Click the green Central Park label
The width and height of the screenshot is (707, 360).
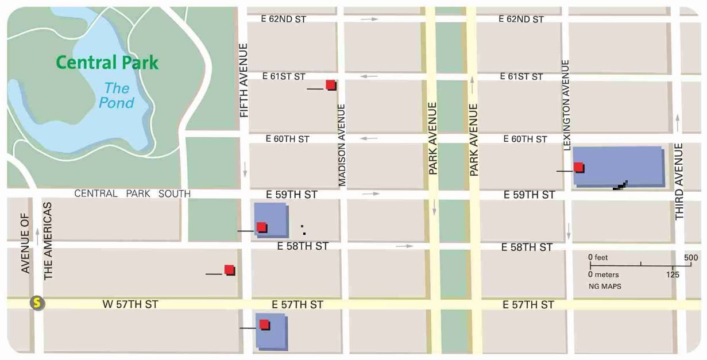pyautogui.click(x=107, y=63)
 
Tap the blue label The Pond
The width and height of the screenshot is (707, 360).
pyautogui.click(x=117, y=95)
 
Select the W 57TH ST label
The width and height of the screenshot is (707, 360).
pyautogui.click(x=130, y=304)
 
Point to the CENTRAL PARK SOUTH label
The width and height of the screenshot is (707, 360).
pyautogui.click(x=132, y=193)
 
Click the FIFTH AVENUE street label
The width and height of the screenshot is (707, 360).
pyautogui.click(x=244, y=80)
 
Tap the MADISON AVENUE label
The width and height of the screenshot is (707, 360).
pyautogui.click(x=342, y=145)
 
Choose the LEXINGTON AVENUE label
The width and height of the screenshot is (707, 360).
pyautogui.click(x=566, y=105)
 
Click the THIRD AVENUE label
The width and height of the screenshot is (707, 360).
pyautogui.click(x=679, y=182)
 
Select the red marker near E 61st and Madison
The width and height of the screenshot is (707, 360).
pyautogui.click(x=330, y=85)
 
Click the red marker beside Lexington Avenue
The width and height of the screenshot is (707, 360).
pyautogui.click(x=578, y=167)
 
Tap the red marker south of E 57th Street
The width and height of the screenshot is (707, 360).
pyautogui.click(x=264, y=324)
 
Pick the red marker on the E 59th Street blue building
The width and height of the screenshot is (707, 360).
pyautogui.click(x=261, y=227)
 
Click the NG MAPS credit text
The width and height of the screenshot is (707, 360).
pyautogui.click(x=604, y=285)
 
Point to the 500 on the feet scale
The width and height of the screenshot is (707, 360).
pyautogui.click(x=691, y=257)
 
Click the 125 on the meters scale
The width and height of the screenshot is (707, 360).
pyautogui.click(x=673, y=274)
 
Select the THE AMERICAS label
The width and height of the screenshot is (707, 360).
pyautogui.click(x=48, y=241)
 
